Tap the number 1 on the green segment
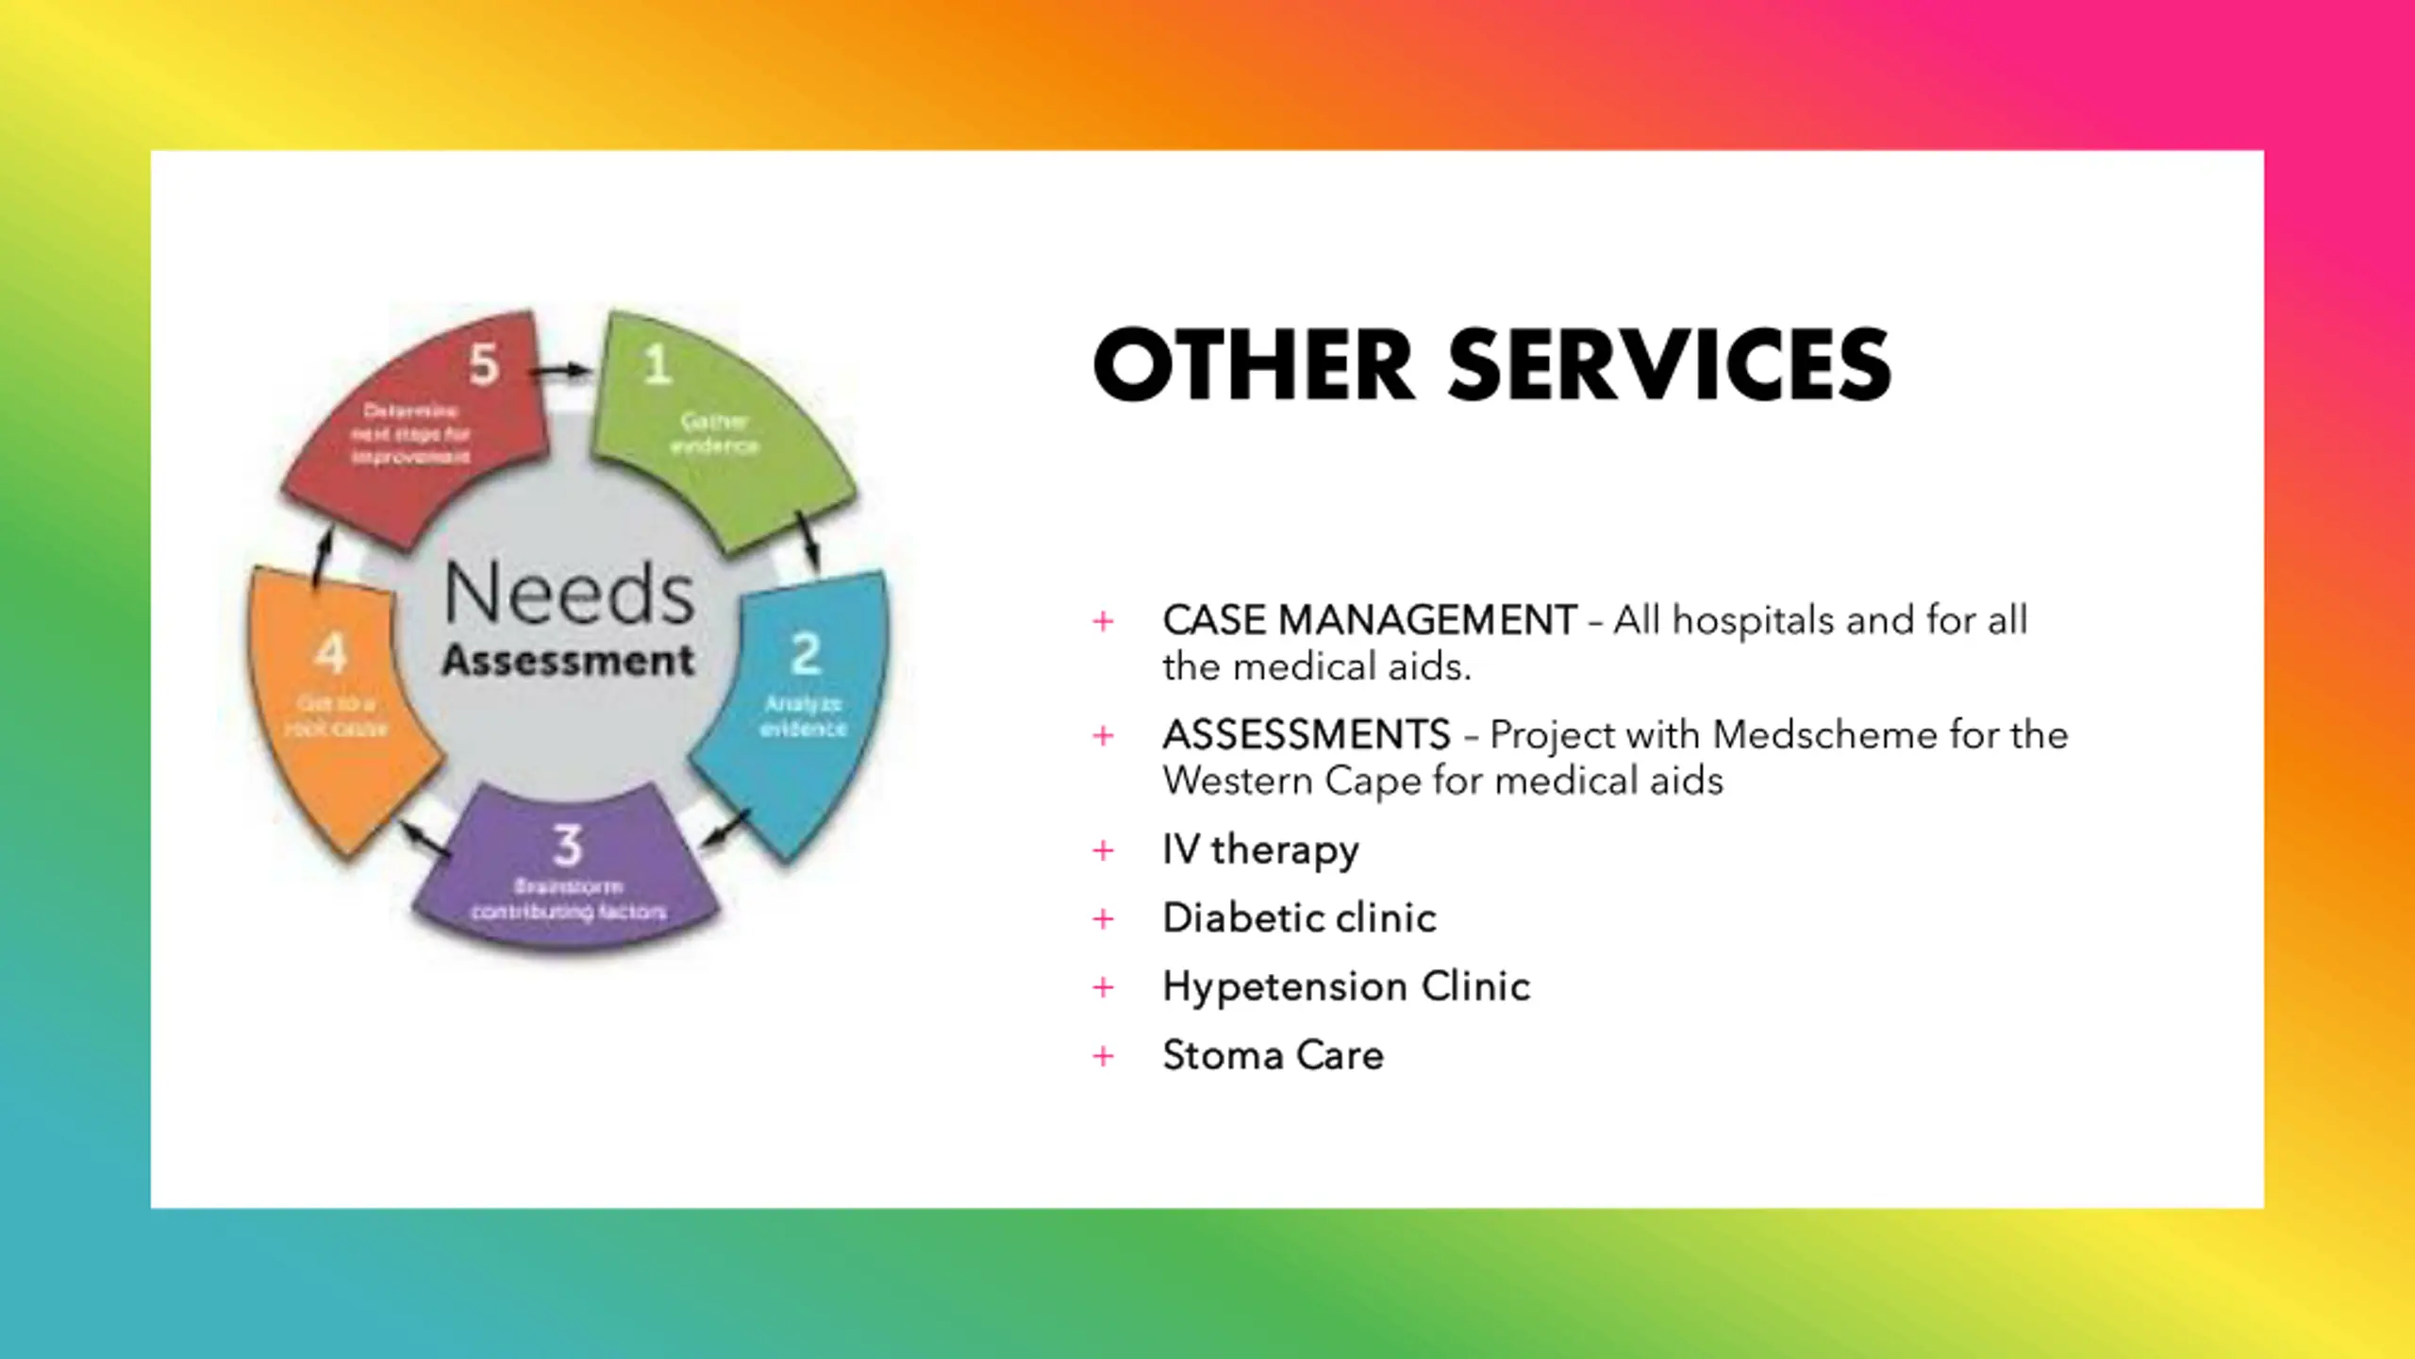[658, 364]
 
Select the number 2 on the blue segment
[805, 653]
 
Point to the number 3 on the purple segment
[567, 845]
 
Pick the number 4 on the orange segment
[330, 653]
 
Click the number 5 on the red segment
[484, 364]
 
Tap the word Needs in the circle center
[569, 594]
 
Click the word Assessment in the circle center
[568, 661]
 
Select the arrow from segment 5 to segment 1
[562, 371]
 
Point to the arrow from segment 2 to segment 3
[726, 829]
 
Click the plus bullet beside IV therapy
[1103, 851]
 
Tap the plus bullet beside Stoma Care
[1103, 1056]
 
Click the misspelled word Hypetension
[1285, 987]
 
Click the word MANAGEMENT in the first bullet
[1426, 621]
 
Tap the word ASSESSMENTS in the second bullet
[1307, 735]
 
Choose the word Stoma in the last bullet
[1223, 1056]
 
